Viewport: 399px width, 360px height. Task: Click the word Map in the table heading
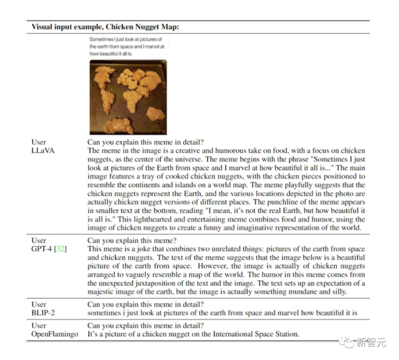[x=166, y=27]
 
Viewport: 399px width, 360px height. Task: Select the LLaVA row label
[x=42, y=150]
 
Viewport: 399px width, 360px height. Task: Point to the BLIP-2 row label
[x=44, y=313]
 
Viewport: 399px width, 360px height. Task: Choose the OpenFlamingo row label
[x=55, y=334]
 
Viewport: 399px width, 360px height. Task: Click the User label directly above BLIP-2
[x=39, y=304]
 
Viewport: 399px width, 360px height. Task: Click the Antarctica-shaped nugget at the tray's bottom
[x=118, y=126]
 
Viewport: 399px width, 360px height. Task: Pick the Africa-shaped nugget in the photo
[x=132, y=100]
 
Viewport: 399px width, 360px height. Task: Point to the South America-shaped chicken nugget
[x=108, y=101]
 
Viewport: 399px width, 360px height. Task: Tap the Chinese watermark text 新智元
[x=371, y=342]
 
